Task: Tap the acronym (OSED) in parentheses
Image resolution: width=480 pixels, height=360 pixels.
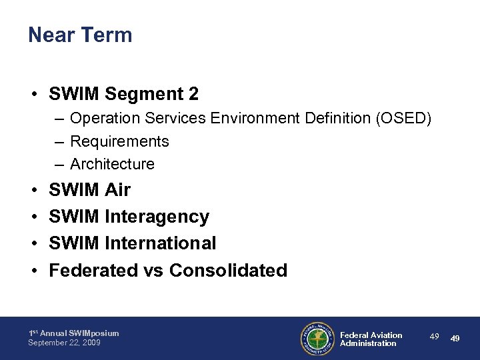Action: click(x=404, y=119)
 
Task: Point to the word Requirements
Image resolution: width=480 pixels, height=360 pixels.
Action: click(x=119, y=141)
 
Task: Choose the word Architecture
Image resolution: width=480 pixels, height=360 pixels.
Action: click(x=112, y=164)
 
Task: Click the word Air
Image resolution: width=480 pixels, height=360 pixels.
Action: click(x=117, y=190)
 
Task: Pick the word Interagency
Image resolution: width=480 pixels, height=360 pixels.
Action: click(x=157, y=217)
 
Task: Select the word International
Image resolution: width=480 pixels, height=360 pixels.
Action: click(x=160, y=243)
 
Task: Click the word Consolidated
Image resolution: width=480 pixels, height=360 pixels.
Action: click(x=228, y=270)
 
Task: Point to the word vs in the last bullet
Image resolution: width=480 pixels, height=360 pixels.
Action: click(x=153, y=271)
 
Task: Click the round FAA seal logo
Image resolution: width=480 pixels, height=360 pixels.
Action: click(x=317, y=339)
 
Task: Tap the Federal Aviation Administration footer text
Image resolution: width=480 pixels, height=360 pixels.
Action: click(x=371, y=339)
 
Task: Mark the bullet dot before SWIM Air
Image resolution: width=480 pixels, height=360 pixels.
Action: click(x=33, y=191)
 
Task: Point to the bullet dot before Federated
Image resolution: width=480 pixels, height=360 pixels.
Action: click(x=33, y=271)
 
